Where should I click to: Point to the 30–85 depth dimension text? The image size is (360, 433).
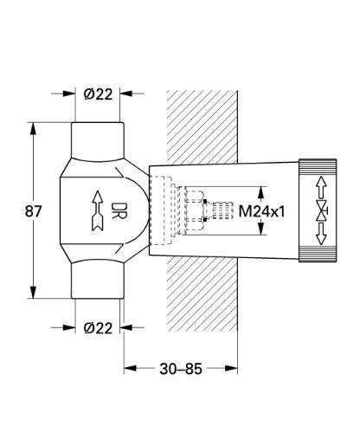tap(181, 369)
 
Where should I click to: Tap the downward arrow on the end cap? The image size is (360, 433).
tap(319, 235)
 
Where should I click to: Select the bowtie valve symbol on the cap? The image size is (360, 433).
tap(319, 210)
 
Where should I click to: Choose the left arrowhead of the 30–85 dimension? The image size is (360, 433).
tap(131, 369)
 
